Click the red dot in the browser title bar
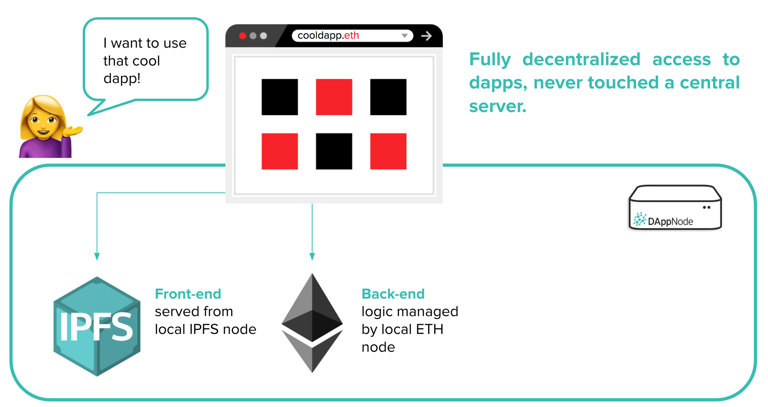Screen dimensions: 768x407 point(242,36)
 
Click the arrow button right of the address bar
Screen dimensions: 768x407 point(426,36)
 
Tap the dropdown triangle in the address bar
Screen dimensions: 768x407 point(405,36)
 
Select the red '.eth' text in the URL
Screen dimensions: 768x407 point(351,36)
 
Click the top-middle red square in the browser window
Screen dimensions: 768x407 point(334,97)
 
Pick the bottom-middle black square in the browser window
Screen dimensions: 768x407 point(334,151)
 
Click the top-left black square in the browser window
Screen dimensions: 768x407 point(280,97)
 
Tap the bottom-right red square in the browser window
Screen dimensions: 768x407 point(388,151)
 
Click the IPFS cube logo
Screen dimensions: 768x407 point(97,326)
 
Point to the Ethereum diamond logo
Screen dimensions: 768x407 point(312,323)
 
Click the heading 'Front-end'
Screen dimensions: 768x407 point(188,294)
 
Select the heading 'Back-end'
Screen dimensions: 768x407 point(393,294)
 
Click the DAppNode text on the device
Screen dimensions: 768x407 point(670,221)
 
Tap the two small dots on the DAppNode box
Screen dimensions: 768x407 point(707,207)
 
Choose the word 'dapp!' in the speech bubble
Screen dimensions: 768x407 point(122,79)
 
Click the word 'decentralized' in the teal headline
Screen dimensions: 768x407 point(581,59)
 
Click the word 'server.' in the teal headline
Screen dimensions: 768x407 point(498,107)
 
